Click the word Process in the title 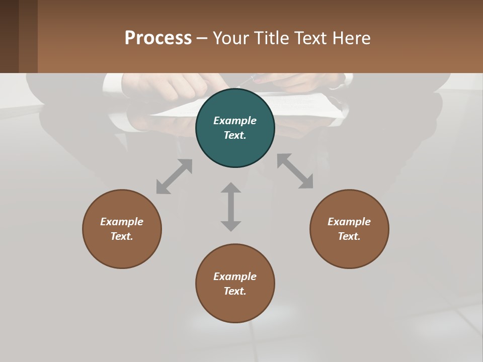(x=158, y=38)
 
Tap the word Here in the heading (x=352, y=38)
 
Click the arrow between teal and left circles (x=174, y=176)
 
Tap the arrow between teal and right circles (x=295, y=171)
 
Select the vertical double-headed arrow (x=231, y=207)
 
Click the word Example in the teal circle (x=235, y=121)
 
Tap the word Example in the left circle (x=122, y=222)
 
